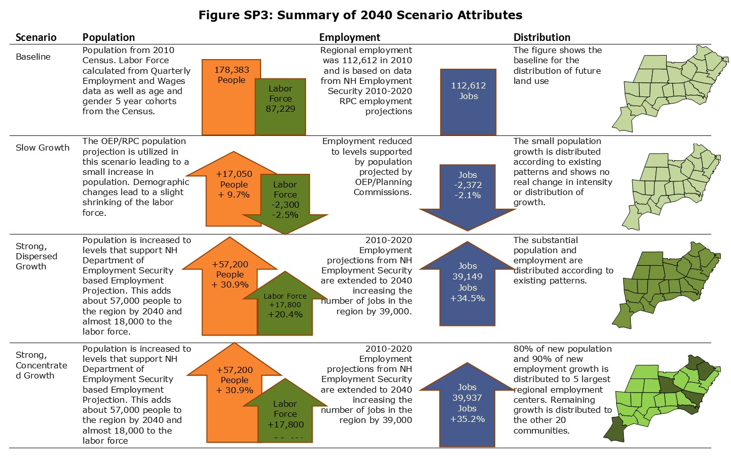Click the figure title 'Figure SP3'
[360, 15]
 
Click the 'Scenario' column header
[36, 37]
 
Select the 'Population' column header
[108, 37]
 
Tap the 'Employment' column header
[350, 37]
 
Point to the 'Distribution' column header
[542, 37]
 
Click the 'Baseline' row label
[33, 57]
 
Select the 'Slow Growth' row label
[42, 148]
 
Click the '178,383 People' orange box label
[231, 75]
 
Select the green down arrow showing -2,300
[285, 202]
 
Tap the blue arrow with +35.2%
[467, 404]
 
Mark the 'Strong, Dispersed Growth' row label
[36, 256]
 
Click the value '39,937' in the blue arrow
[467, 398]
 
